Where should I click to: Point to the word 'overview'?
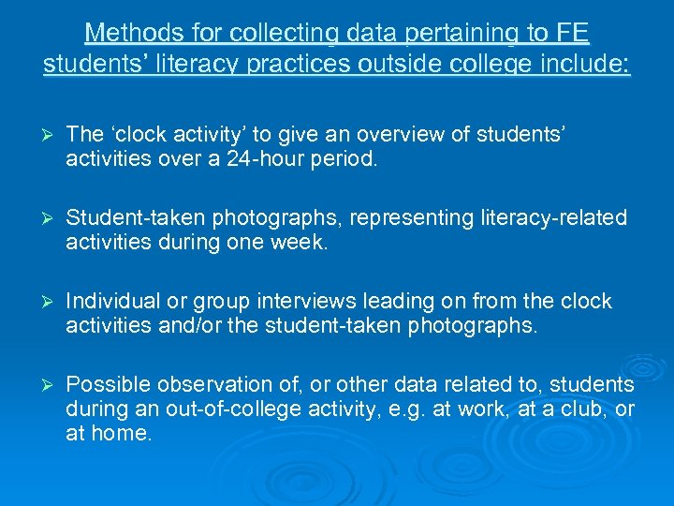pyautogui.click(x=389, y=134)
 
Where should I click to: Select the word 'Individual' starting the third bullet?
pyautogui.click(x=110, y=301)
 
